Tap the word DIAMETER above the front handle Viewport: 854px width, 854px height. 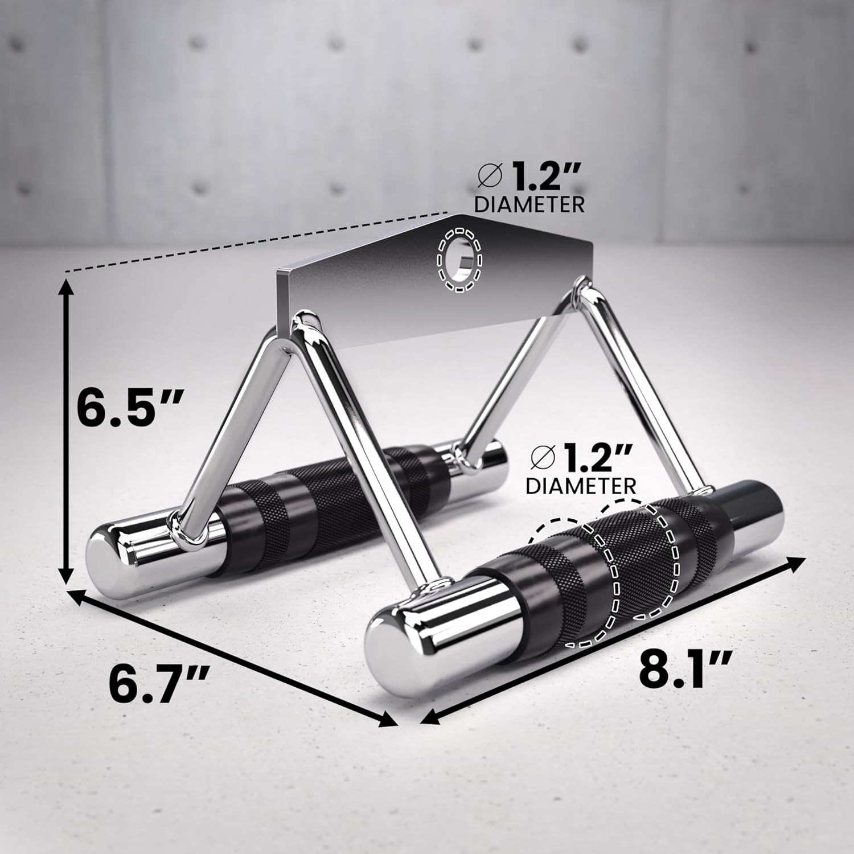pyautogui.click(x=581, y=486)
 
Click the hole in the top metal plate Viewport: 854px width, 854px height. pyautogui.click(x=460, y=262)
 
